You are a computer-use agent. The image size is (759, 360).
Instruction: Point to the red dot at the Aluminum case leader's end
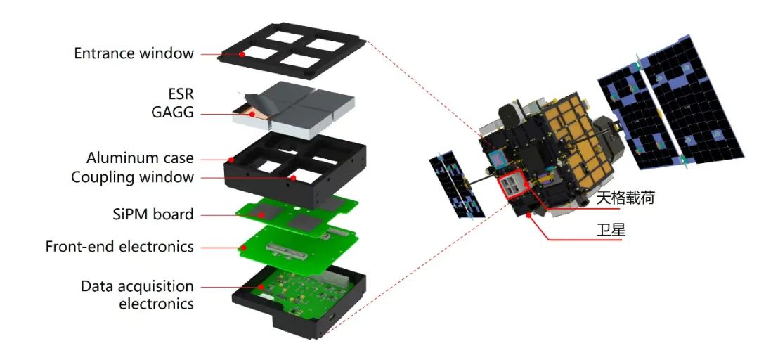(231, 159)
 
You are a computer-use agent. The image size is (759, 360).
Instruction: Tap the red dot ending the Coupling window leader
(293, 178)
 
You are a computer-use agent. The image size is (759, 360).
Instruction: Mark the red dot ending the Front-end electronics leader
(244, 247)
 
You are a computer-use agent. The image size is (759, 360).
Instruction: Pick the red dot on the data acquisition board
(262, 286)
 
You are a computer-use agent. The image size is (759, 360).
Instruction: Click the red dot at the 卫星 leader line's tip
(531, 213)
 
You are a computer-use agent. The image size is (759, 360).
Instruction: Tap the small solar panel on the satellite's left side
(457, 185)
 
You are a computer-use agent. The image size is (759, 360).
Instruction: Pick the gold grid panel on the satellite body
(573, 141)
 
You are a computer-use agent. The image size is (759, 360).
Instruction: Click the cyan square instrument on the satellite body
(498, 157)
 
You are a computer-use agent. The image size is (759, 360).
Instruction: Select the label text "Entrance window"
(134, 53)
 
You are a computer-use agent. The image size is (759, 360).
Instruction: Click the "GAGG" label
(172, 112)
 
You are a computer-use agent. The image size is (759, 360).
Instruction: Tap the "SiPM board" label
(153, 214)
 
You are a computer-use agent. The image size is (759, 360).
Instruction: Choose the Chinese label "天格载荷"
(625, 198)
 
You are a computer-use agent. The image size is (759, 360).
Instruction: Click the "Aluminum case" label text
(140, 158)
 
